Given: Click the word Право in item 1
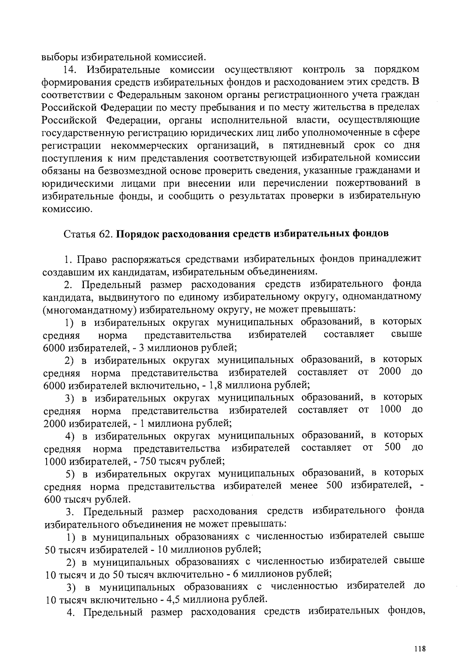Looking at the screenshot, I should (x=92, y=259).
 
